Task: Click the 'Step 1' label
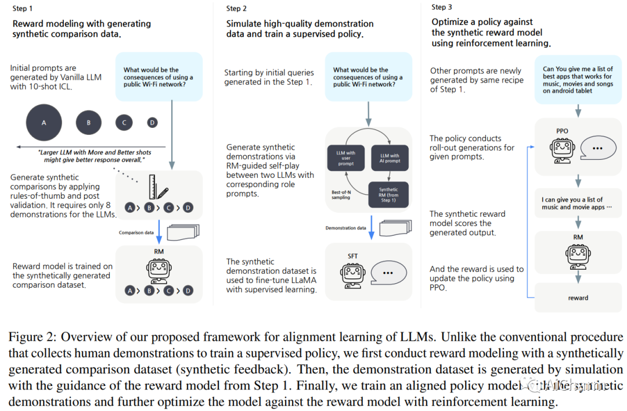(23, 9)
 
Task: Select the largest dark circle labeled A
(44, 123)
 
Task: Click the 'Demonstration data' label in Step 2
(346, 228)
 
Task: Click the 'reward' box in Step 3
(578, 298)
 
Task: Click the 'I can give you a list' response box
(578, 203)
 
